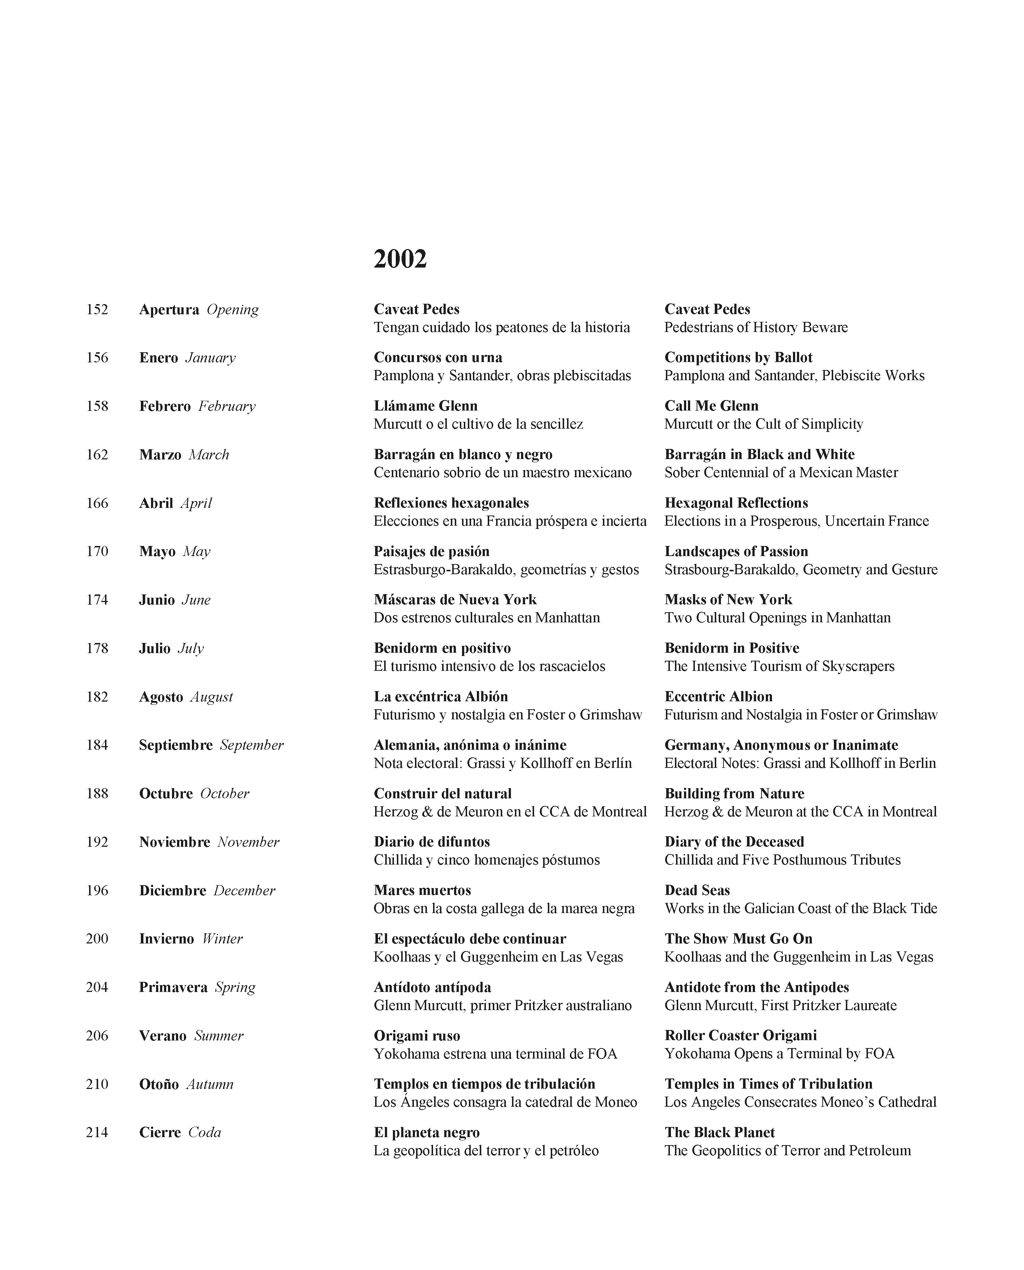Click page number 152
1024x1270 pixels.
97,310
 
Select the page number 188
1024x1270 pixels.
97,794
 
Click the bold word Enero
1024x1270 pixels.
158,358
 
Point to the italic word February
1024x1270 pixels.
227,406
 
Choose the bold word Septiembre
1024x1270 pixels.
176,745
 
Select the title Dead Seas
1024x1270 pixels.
697,890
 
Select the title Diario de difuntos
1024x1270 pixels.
432,842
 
